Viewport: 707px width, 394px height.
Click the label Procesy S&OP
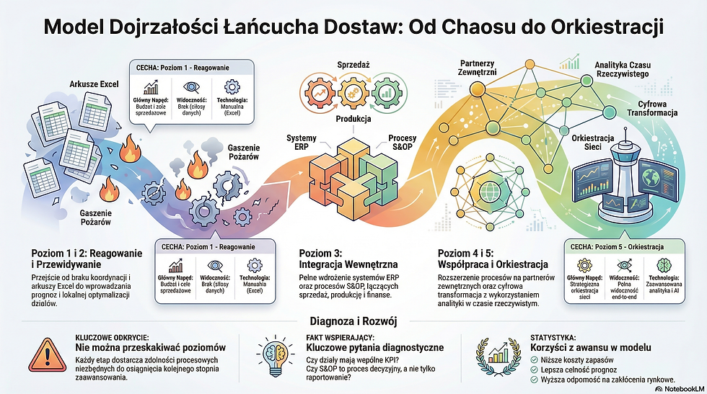tap(402, 143)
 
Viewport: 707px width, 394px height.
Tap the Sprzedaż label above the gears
tap(354, 64)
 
